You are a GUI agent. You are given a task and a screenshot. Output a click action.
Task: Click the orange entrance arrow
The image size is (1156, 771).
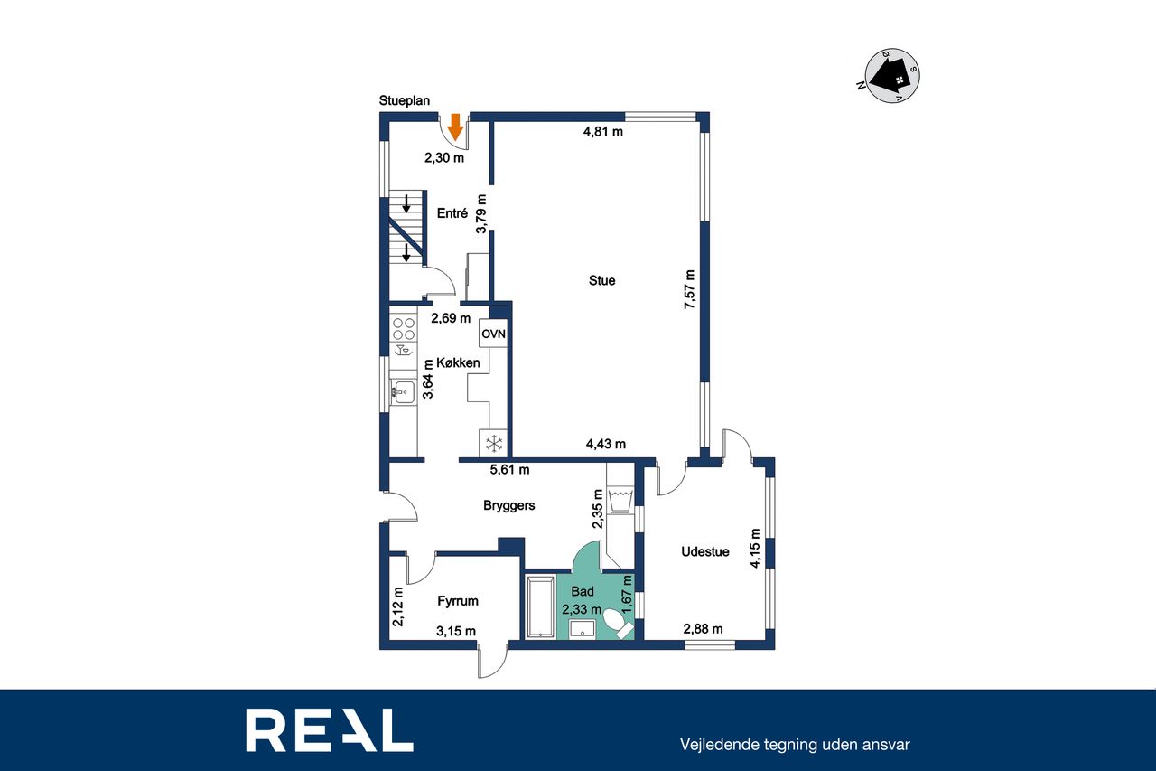pos(454,127)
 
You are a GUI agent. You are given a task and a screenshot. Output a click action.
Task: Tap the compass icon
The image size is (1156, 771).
pos(891,75)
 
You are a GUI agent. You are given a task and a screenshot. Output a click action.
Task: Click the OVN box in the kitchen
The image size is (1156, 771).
pos(493,334)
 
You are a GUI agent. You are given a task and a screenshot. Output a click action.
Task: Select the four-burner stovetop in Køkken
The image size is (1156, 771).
pos(404,329)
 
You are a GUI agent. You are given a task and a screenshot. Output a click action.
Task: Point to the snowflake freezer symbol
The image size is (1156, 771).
pos(494,443)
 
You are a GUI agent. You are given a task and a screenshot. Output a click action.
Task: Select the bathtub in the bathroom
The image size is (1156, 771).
pos(540,606)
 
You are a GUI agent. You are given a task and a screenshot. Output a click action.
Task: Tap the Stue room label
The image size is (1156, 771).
pos(601,280)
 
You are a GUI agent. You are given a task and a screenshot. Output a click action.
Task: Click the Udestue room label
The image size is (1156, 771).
pos(705,551)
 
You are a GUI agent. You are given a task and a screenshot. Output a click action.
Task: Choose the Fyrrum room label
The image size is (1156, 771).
pos(457,601)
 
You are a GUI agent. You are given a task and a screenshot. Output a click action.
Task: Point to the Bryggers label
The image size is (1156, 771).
pos(508,505)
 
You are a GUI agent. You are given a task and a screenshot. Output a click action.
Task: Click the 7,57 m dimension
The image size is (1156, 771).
pos(689,290)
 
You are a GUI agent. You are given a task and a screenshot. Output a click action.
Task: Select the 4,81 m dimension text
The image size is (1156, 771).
pos(602,132)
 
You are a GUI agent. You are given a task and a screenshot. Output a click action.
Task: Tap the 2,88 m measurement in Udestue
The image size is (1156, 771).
pos(703,629)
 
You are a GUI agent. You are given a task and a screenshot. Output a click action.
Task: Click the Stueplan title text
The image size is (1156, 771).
pos(404,100)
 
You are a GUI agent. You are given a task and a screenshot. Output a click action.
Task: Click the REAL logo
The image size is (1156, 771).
pos(330,730)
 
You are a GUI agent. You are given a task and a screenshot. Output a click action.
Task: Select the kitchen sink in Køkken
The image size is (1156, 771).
pos(403,392)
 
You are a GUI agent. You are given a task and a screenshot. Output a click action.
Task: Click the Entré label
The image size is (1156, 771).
pos(452,212)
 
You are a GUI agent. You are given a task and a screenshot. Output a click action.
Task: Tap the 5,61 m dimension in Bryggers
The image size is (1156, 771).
pos(509,469)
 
